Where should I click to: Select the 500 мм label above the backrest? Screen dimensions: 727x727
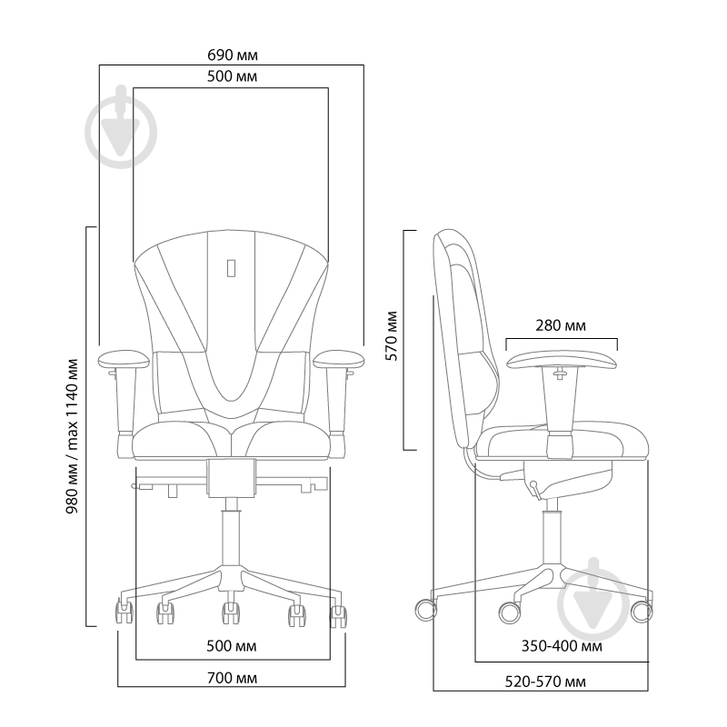coord(232,77)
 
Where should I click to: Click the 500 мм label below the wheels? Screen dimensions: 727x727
coord(232,646)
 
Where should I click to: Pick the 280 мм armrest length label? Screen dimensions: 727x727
coord(561,325)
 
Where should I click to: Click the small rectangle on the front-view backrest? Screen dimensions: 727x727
coord(231,267)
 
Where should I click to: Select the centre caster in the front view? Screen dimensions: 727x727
coord(231,613)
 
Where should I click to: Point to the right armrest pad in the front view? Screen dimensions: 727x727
coord(338,357)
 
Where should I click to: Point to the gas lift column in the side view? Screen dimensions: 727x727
coord(550,536)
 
